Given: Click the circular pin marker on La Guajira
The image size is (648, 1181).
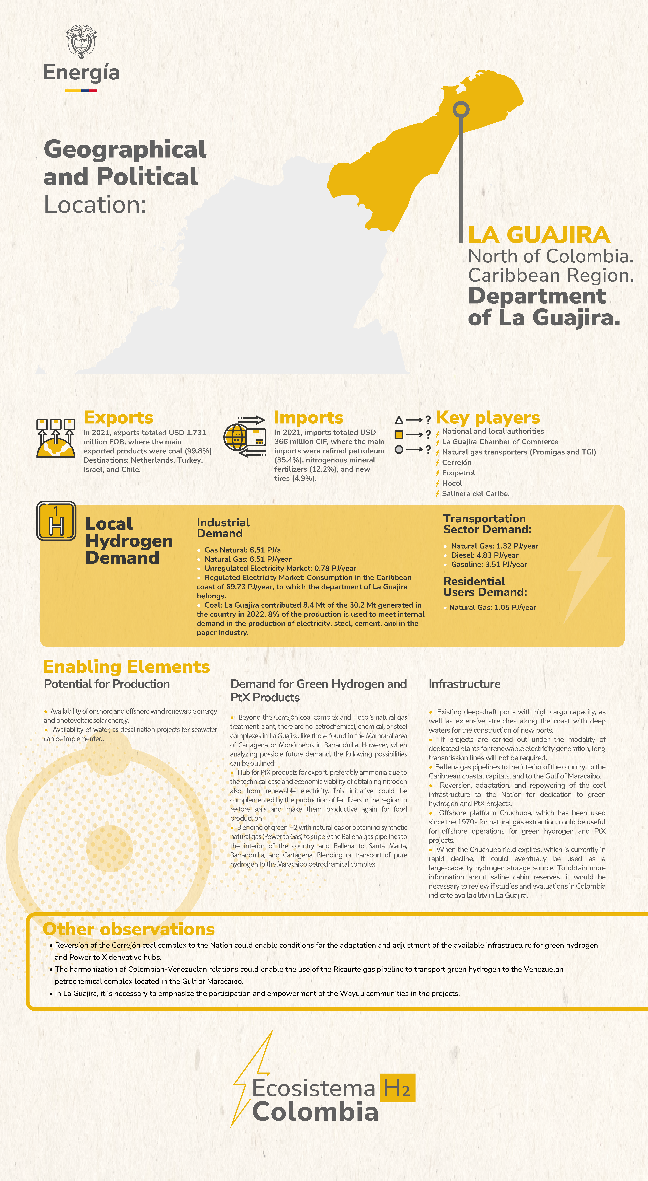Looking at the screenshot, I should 461,110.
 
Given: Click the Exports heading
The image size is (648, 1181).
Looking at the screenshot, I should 118,418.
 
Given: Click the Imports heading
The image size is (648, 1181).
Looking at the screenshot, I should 308,418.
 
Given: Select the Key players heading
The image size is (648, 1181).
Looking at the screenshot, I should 488,418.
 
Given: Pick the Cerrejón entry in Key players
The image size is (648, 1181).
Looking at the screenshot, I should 456,462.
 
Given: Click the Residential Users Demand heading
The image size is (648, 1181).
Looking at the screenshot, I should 485,587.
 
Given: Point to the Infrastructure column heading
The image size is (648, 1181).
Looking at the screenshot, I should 464,684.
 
